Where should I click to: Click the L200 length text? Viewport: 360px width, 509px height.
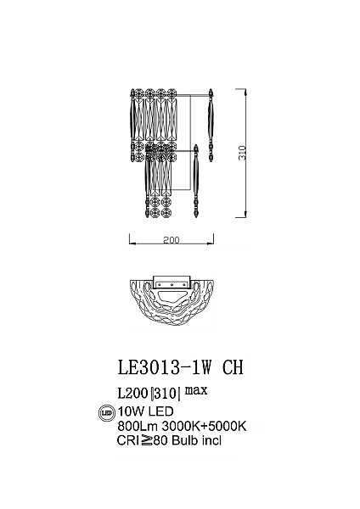[x=132, y=393]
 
